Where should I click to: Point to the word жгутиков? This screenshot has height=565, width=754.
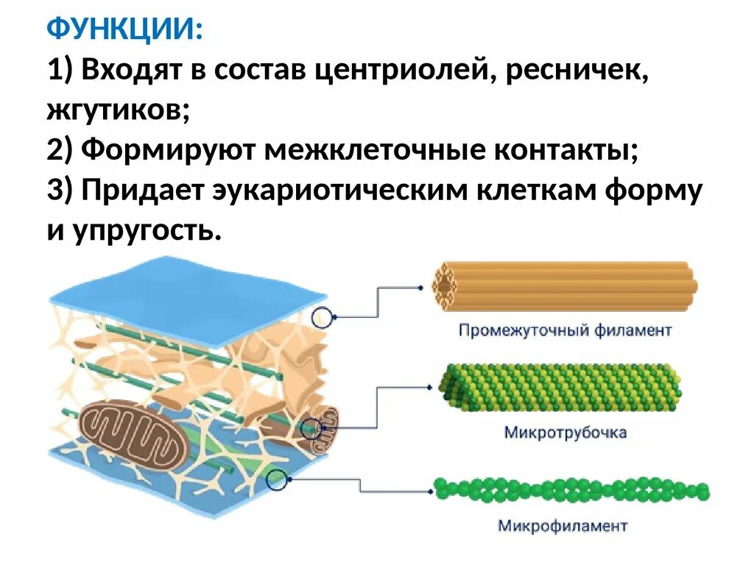(x=118, y=110)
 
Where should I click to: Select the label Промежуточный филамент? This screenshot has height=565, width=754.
(x=565, y=330)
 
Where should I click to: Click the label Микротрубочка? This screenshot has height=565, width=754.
(x=565, y=432)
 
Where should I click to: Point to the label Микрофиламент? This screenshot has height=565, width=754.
(x=563, y=526)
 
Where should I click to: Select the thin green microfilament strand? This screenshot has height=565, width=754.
(x=571, y=489)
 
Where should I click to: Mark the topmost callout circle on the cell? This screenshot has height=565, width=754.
(x=321, y=318)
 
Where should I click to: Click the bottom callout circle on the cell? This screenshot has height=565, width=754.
(x=276, y=481)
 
